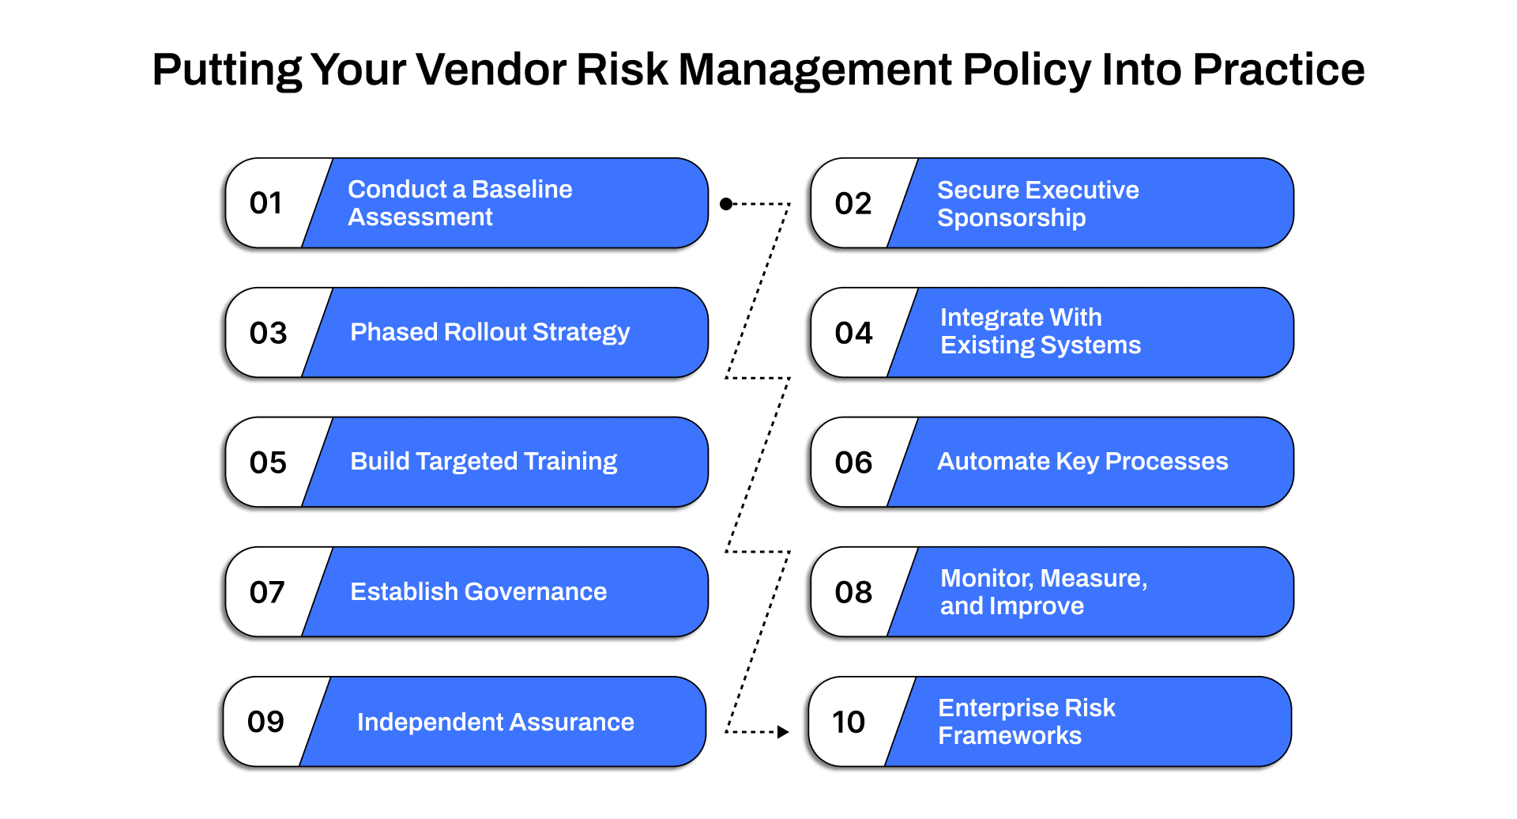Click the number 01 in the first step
[x=265, y=203]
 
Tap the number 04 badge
[x=853, y=333]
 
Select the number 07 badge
[x=267, y=592]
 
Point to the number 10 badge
[x=849, y=722]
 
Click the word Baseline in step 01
[x=521, y=190]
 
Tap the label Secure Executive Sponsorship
[x=1037, y=204]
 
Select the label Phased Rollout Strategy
[x=490, y=332]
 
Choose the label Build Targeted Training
[x=484, y=462]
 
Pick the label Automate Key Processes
[x=1082, y=462]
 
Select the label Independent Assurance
[x=495, y=722]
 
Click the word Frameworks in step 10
[x=1009, y=736]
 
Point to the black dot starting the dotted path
[x=726, y=204]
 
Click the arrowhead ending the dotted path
[x=783, y=732]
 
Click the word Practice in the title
[x=1278, y=70]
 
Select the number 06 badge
[x=853, y=462]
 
